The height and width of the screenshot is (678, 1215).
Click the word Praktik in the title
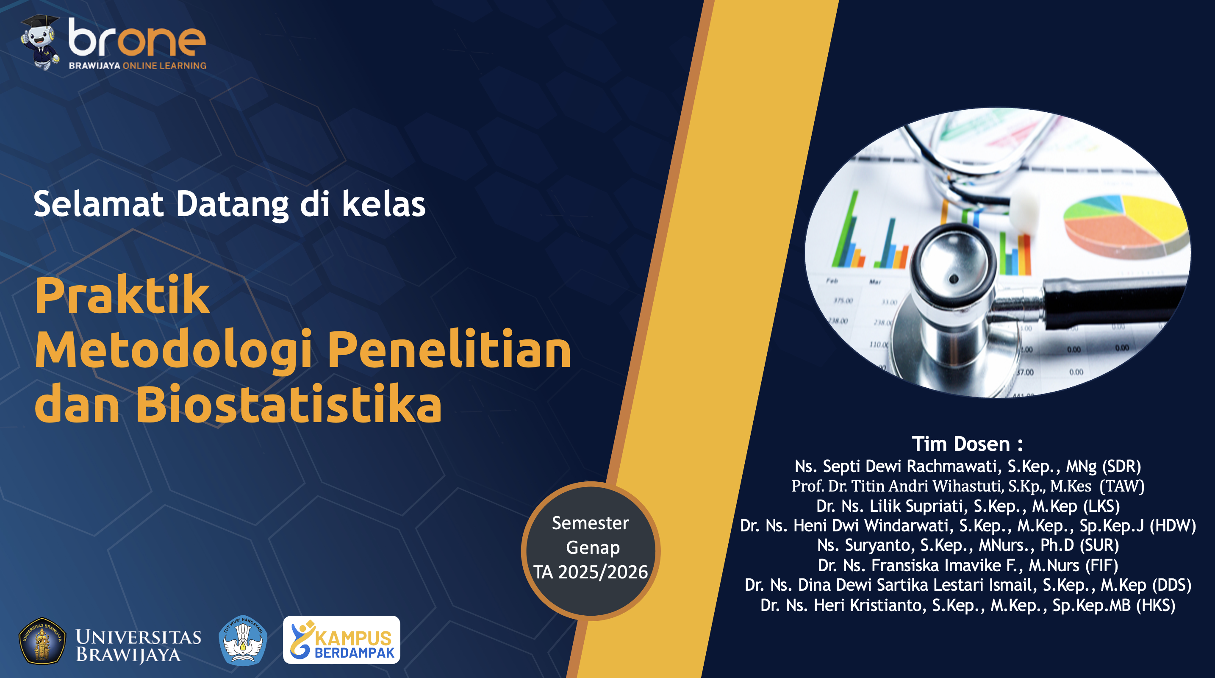point(122,295)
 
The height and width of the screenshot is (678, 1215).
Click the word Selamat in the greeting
point(99,204)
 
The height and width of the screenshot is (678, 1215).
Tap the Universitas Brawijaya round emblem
point(42,641)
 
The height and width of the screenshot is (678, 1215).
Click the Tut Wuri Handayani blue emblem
point(243,640)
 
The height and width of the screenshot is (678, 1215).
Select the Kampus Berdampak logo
point(341,640)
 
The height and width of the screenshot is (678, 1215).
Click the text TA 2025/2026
point(591,572)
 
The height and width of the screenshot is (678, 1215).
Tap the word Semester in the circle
point(591,523)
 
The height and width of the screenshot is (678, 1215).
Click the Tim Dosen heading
point(967,444)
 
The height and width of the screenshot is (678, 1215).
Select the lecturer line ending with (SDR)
point(967,466)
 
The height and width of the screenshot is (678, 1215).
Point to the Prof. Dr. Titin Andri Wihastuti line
point(967,486)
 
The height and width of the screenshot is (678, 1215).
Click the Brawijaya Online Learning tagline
point(137,66)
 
